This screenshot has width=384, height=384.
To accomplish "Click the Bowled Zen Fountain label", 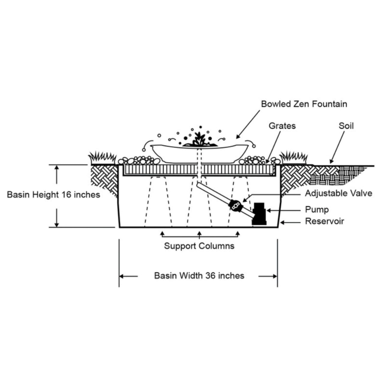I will (304, 104).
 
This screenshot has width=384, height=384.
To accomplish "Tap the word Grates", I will (282, 126).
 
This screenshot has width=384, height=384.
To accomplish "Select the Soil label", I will (346, 126).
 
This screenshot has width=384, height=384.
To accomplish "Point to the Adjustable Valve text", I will (338, 193).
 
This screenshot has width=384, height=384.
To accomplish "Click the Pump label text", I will (317, 209).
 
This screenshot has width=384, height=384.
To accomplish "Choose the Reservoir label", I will (324, 221).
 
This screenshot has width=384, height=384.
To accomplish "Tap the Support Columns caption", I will (199, 246).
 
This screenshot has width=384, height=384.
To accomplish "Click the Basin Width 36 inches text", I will (199, 275).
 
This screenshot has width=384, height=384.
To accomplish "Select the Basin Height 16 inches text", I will (53, 195).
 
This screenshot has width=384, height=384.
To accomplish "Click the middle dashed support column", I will (199, 204).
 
